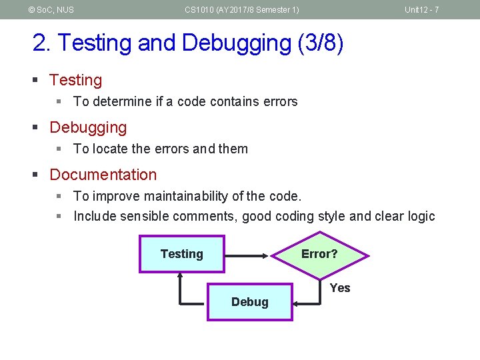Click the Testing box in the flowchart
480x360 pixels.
click(181, 254)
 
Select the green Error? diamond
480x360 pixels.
click(319, 254)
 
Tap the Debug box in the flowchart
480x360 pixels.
click(249, 302)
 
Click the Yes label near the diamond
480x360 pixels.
click(339, 288)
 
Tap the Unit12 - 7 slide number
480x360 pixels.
click(421, 9)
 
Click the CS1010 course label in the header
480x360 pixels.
click(241, 9)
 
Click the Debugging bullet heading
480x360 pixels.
click(88, 127)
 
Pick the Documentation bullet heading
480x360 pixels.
click(103, 175)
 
